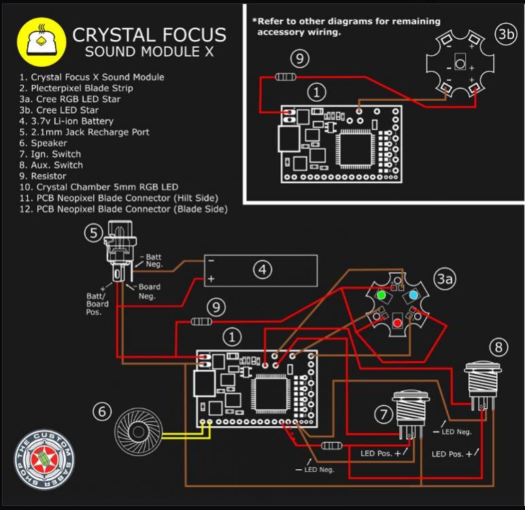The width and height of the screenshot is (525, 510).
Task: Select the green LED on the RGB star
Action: [381, 296]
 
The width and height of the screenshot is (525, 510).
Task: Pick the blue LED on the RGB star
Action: [413, 296]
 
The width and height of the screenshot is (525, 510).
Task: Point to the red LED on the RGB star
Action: [396, 321]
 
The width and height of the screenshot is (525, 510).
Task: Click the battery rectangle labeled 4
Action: [262, 270]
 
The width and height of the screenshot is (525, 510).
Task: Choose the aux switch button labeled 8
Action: [482, 381]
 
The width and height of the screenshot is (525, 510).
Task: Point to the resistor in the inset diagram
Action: [286, 77]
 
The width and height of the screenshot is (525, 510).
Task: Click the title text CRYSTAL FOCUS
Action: [149, 35]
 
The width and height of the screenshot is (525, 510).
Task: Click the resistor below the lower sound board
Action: [331, 445]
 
